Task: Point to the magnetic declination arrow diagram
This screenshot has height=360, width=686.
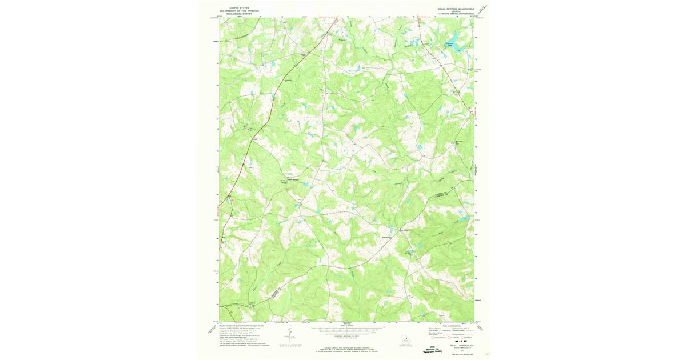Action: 290,334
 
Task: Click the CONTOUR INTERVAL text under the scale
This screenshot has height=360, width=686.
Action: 346,337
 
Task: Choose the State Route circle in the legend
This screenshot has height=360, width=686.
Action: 465,338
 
